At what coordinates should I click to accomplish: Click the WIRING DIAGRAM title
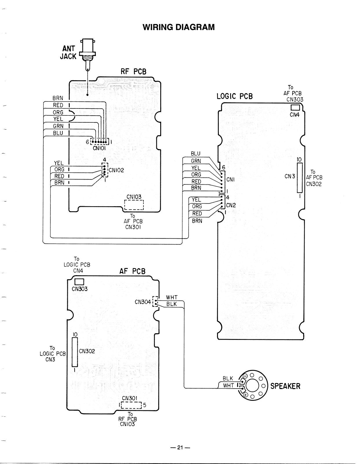179,27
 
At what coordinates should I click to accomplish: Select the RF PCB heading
134,72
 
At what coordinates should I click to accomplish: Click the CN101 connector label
99,148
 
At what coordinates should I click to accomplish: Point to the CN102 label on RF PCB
116,170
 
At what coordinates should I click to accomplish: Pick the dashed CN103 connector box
134,205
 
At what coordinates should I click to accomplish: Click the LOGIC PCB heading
234,97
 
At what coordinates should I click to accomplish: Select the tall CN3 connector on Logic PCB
300,178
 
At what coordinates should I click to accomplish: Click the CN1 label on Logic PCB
230,180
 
